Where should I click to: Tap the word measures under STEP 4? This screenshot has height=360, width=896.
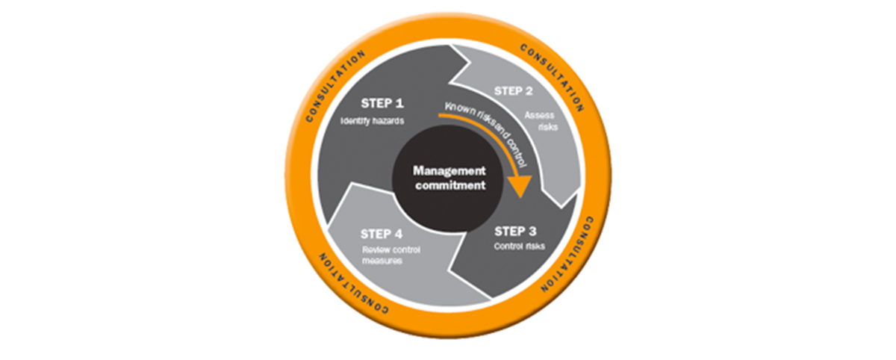(383, 261)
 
